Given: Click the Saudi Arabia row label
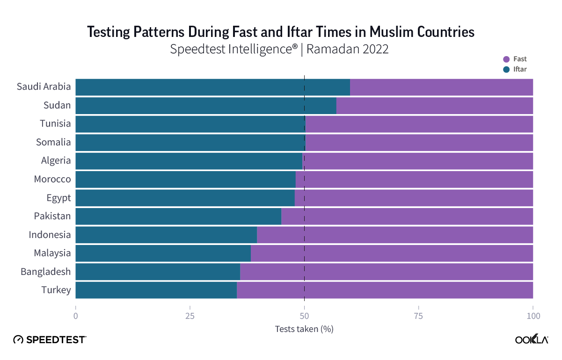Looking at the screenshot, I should pos(44,86).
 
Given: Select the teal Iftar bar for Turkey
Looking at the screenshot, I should pos(156,290).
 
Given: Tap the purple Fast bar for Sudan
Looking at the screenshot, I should pos(434,105).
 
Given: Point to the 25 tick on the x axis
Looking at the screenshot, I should pos(190,316).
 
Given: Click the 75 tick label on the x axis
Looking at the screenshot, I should pos(418,316).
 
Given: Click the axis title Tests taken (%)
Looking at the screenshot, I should pos(304,329).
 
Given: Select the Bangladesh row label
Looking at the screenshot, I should pos(46,272).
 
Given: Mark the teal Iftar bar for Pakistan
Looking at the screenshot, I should pos(178,216).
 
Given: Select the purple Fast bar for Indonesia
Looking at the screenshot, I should pos(395,235).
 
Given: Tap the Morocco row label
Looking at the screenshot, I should pos(52,179).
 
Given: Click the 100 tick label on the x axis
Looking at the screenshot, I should pos(533,316).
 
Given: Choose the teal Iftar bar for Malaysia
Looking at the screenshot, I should pos(163,253).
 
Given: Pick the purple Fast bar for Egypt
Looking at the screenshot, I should pos(414,198).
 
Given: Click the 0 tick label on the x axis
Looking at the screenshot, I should pos(75,316).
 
